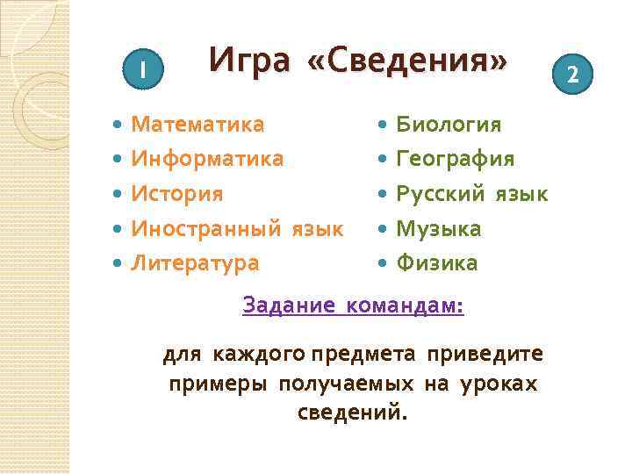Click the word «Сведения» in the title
(x=407, y=60)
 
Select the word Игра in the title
(x=250, y=60)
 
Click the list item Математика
(x=197, y=125)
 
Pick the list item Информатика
(x=207, y=159)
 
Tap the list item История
(x=177, y=193)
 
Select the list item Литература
(x=195, y=262)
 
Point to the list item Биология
(x=449, y=125)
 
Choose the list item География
(x=456, y=159)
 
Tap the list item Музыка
(x=439, y=229)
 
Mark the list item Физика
(x=436, y=262)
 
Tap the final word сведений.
(x=353, y=412)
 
